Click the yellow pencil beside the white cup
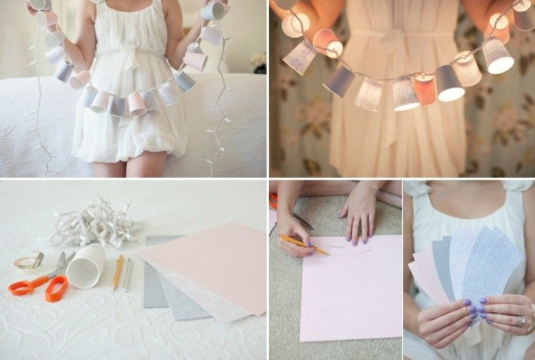[x=118, y=272]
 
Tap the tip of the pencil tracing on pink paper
[x=327, y=252]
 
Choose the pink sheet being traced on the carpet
[x=350, y=292]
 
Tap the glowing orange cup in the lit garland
[x=424, y=90]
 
